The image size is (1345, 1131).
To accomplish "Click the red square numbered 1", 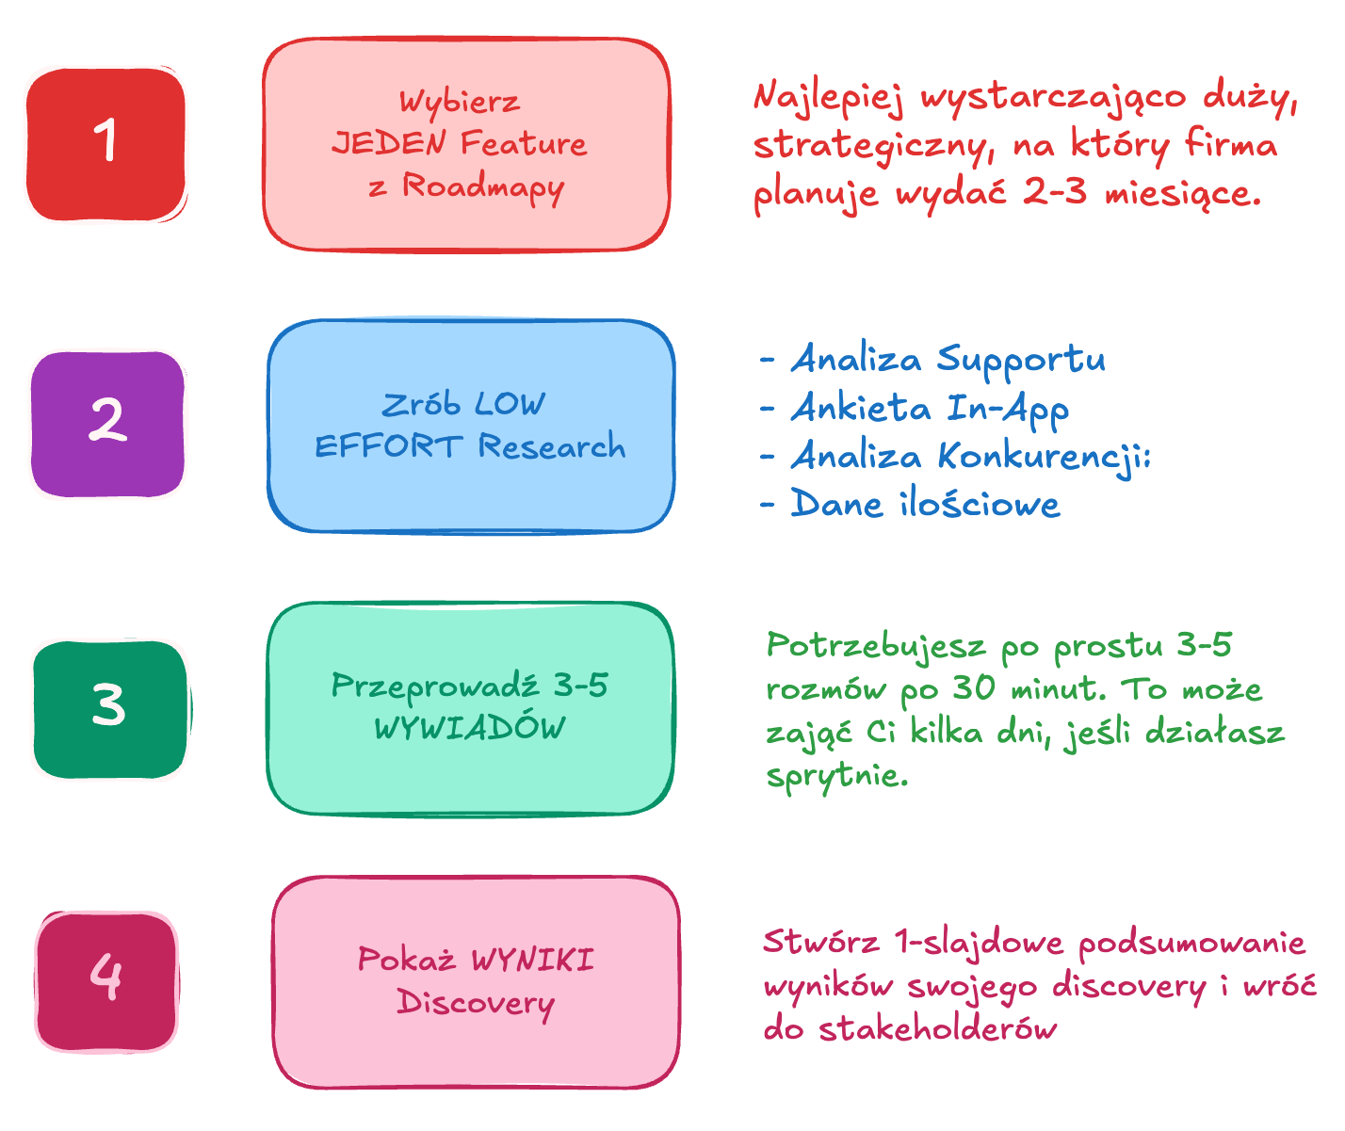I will tap(105, 143).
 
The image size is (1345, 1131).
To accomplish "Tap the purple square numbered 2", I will tap(107, 423).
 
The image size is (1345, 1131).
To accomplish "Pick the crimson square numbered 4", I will tap(106, 979).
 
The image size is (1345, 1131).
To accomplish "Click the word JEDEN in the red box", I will tap(390, 144).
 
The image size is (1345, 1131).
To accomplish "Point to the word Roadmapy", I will tap(483, 186).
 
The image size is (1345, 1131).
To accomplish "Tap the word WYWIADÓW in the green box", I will tap(470, 728).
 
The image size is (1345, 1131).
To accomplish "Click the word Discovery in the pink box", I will tap(476, 1003).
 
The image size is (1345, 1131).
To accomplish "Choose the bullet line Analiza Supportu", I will tap(947, 360).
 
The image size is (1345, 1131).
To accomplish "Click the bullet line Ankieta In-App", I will tap(929, 408).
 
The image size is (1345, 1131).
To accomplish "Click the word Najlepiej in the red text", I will tap(828, 99).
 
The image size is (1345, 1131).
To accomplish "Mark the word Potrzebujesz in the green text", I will tap(876, 646).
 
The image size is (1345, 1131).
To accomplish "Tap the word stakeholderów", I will tap(938, 1028).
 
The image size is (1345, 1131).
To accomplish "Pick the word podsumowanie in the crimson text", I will tap(1192, 943).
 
